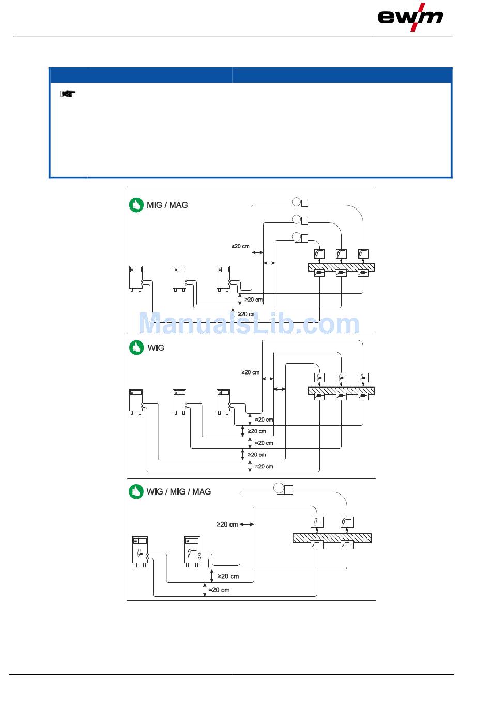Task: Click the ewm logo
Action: tap(410, 17)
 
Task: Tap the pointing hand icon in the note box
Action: tap(68, 94)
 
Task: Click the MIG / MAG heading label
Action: tap(167, 205)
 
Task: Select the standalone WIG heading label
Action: tap(156, 348)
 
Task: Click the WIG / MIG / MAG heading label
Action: tap(179, 492)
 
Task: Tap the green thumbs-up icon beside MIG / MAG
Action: tap(136, 205)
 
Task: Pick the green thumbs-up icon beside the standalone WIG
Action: tap(136, 348)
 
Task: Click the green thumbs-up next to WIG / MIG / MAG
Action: tap(136, 491)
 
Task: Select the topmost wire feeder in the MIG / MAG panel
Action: tap(300, 202)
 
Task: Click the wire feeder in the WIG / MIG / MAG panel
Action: tap(283, 489)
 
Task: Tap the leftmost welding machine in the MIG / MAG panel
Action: tap(136, 279)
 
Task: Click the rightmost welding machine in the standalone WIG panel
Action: tap(224, 402)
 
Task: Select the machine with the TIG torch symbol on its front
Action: tap(140, 552)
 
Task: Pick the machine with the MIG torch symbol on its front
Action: tap(192, 552)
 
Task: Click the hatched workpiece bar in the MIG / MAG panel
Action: tap(341, 267)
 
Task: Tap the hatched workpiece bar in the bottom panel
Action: tap(332, 538)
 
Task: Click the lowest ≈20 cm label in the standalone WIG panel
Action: tap(264, 467)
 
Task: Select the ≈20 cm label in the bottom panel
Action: tap(219, 590)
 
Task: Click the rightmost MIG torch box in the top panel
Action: tap(363, 253)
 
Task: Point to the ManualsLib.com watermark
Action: tap(249, 323)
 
